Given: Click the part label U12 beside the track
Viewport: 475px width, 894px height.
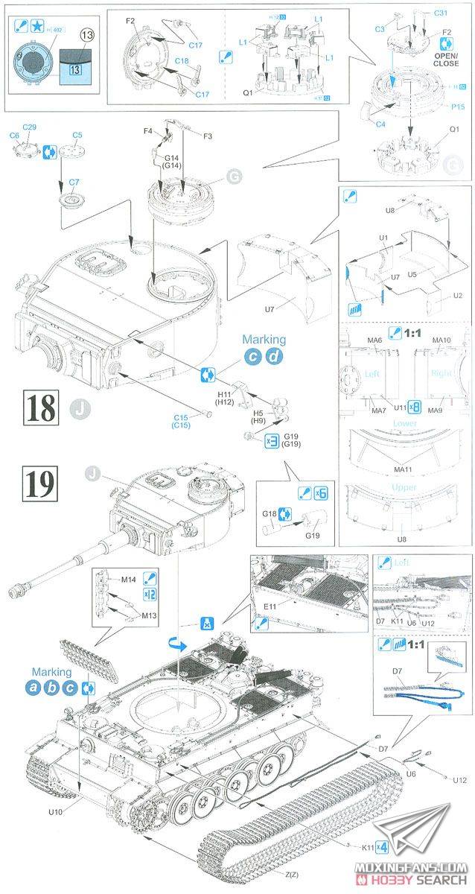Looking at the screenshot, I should point(459,780).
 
